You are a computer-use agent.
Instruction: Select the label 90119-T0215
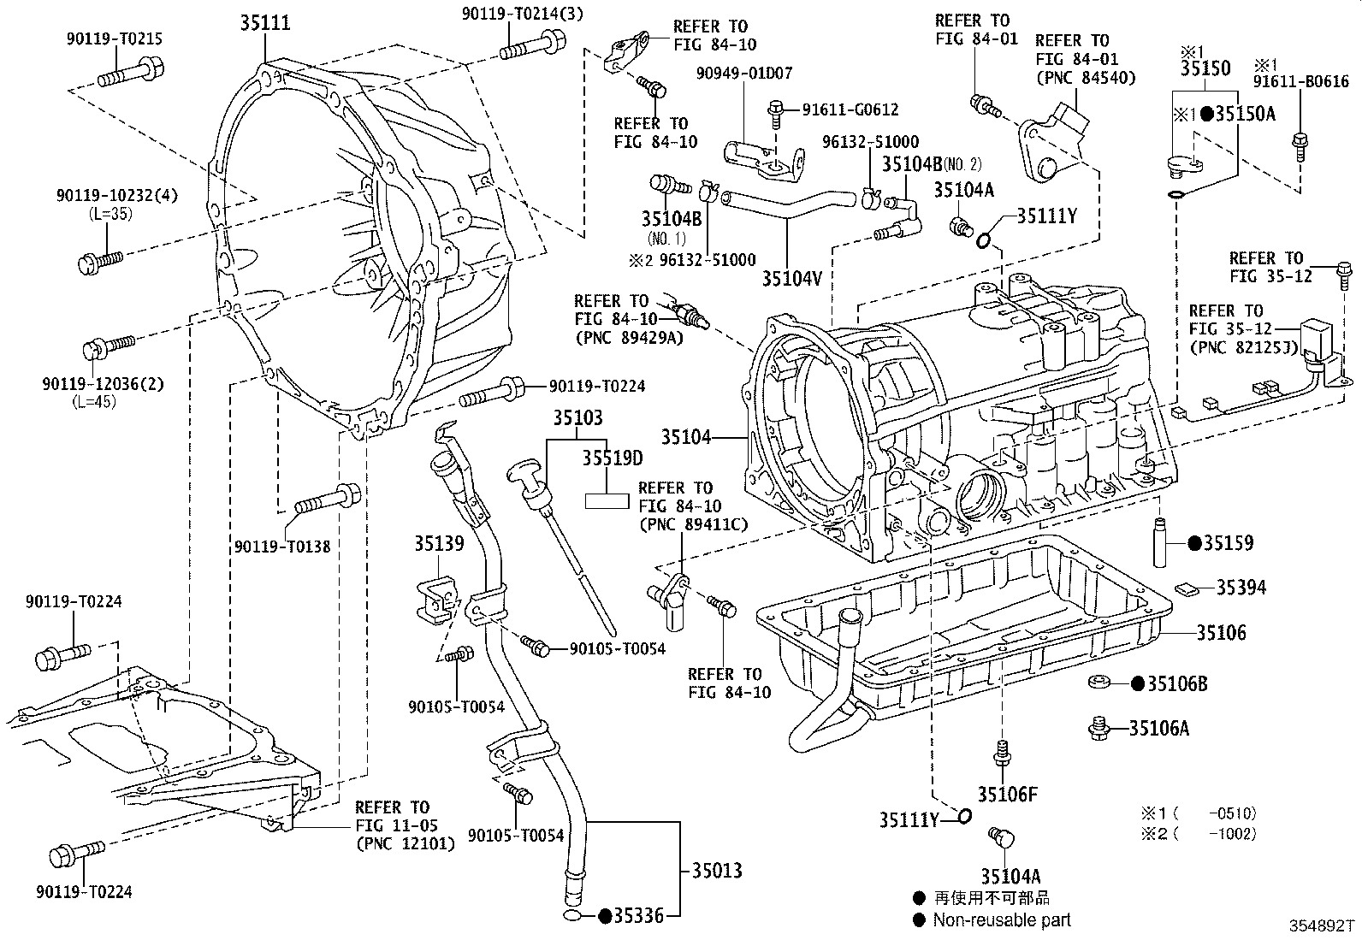(113, 38)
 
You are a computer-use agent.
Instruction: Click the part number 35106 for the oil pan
(1221, 633)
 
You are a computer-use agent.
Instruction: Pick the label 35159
(1228, 542)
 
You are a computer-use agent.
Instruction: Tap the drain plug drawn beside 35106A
(1098, 728)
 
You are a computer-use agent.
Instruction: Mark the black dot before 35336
(604, 917)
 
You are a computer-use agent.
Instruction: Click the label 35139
(439, 544)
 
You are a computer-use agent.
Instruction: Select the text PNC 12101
(406, 843)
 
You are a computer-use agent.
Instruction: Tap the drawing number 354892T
(1323, 925)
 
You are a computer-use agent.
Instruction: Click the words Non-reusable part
(1001, 920)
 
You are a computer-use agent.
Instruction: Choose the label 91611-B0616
(1301, 82)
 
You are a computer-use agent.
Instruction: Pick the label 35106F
(1008, 794)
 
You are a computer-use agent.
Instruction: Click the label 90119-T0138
(281, 546)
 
